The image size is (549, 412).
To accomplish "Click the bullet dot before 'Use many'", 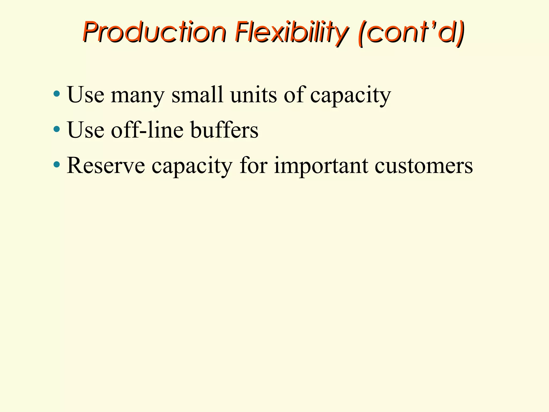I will tap(57, 94).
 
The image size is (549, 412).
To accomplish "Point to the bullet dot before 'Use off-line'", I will tap(57, 129).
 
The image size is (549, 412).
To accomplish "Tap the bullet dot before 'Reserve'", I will tap(57, 164).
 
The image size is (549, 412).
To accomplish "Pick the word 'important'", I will tap(321, 165).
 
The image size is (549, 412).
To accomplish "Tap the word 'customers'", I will tap(424, 165).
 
